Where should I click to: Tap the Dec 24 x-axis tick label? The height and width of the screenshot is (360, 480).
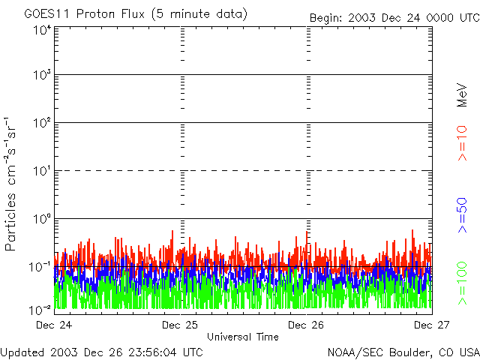(53, 325)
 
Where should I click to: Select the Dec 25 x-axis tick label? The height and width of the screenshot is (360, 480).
(180, 325)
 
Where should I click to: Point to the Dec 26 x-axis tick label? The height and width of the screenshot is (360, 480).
(306, 325)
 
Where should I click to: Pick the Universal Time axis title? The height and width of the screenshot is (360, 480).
(242, 337)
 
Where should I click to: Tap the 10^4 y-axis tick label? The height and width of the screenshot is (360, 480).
(41, 31)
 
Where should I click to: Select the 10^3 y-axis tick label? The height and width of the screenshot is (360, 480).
(41, 76)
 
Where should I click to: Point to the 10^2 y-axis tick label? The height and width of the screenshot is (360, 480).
(41, 124)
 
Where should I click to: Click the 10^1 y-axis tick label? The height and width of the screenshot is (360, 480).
(41, 172)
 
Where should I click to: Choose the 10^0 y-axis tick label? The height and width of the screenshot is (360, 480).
(41, 220)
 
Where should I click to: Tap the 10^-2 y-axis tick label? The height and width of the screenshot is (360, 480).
(40, 310)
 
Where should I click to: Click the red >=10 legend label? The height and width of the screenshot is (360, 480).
(463, 143)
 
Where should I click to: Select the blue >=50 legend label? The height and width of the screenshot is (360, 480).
(463, 215)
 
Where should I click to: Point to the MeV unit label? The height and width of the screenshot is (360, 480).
(463, 94)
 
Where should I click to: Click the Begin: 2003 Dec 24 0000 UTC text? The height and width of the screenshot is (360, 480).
(394, 17)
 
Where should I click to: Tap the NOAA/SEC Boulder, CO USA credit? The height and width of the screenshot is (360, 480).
(403, 352)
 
